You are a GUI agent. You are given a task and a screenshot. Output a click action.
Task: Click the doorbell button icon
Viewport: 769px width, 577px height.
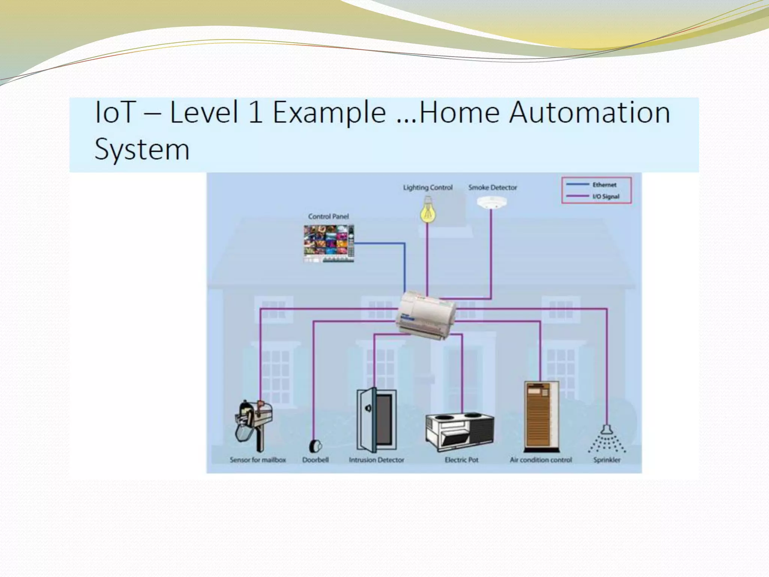coord(315,446)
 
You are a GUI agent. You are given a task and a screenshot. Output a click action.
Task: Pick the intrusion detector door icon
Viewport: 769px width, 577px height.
coord(376,420)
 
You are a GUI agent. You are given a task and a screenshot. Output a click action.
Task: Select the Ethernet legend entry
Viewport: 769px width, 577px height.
coord(596,184)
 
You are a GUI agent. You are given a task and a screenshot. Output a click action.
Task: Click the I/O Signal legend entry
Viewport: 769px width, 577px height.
coord(596,196)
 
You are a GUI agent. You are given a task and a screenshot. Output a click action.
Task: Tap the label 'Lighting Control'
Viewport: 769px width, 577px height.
coord(428,187)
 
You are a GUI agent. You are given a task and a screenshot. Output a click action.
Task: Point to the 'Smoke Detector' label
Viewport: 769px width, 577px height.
coord(492,187)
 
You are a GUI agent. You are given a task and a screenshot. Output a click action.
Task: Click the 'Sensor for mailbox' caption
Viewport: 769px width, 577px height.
coord(258,460)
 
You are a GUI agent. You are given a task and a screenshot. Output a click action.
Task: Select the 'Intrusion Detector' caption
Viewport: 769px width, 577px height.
coord(376,460)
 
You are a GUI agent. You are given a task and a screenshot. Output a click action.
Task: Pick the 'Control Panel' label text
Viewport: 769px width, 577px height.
coord(329,216)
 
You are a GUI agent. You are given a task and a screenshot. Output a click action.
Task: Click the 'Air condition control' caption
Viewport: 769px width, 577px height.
coord(541,460)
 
